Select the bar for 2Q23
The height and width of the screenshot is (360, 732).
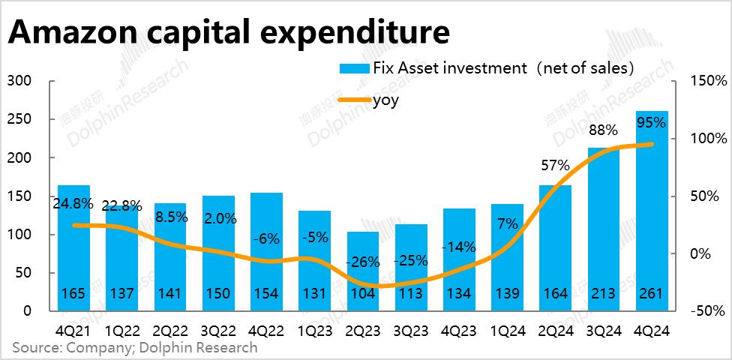[363, 270]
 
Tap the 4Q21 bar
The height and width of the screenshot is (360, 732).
[73, 247]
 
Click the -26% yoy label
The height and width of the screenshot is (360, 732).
[363, 262]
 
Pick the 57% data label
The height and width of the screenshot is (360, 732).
[556, 165]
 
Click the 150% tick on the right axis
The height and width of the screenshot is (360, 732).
[708, 81]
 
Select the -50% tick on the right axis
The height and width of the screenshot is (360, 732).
[708, 310]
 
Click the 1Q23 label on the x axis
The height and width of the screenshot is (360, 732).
[315, 330]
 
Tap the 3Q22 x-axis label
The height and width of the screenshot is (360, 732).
[218, 330]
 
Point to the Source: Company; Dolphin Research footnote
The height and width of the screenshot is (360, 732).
[134, 347]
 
